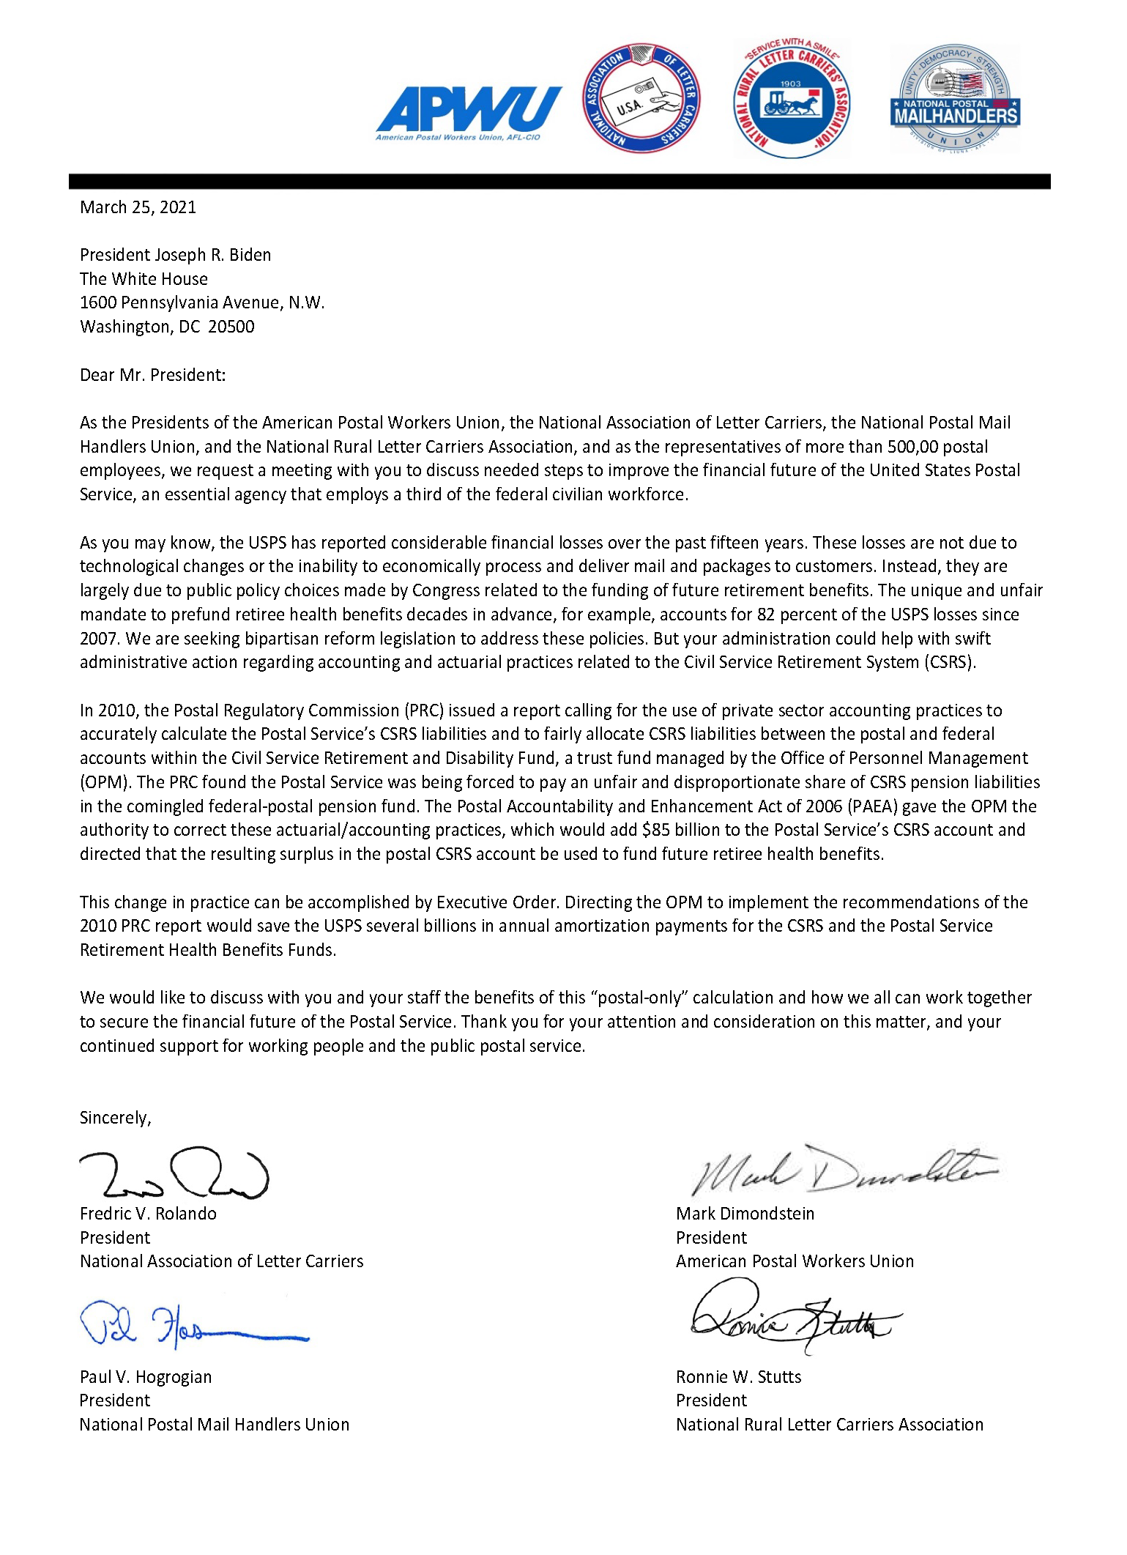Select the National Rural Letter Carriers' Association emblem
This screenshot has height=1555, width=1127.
pyautogui.click(x=792, y=99)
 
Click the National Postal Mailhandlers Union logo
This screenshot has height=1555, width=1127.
pyautogui.click(x=956, y=100)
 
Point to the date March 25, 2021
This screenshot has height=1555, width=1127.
pyautogui.click(x=138, y=207)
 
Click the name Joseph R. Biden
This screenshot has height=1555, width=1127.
pyautogui.click(x=213, y=255)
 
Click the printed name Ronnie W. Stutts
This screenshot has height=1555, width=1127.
pyautogui.click(x=738, y=1376)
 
